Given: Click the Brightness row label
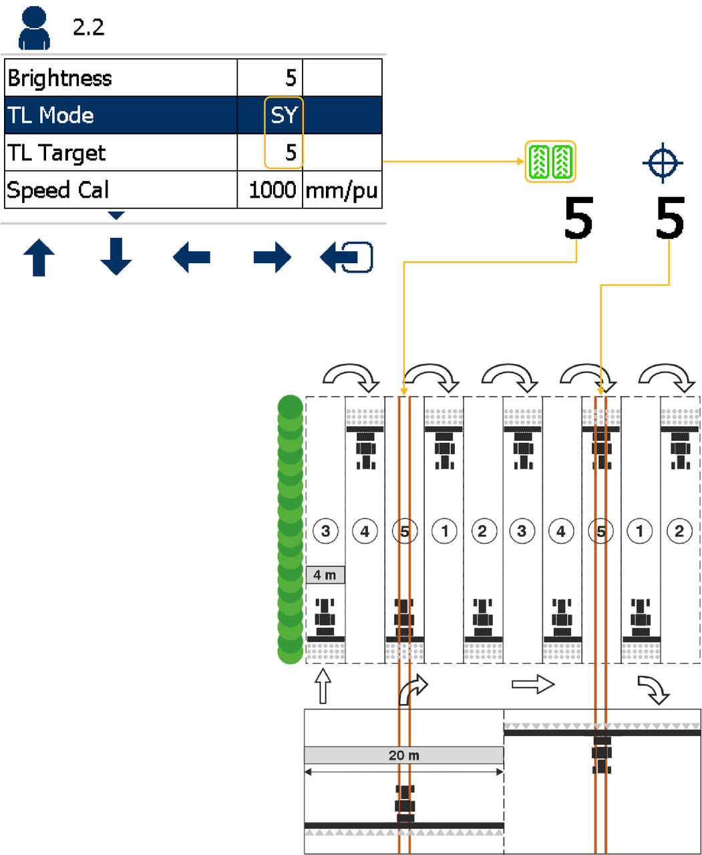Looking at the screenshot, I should pyautogui.click(x=60, y=78).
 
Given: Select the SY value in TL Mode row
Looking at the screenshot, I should pyautogui.click(x=284, y=116).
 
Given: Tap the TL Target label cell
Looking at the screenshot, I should pyautogui.click(x=57, y=153).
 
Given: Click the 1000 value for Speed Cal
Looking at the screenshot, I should pyautogui.click(x=272, y=190).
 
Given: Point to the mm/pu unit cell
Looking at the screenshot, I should pyautogui.click(x=341, y=190).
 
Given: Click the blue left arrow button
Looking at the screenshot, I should pyautogui.click(x=192, y=258).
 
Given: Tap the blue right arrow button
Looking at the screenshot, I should pyautogui.click(x=272, y=258).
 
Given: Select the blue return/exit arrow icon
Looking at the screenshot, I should pyautogui.click(x=347, y=258).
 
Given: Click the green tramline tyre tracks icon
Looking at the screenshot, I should pyautogui.click(x=550, y=162).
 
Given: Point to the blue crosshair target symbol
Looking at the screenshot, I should pyautogui.click(x=662, y=162).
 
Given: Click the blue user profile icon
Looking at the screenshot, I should pyautogui.click(x=34, y=28).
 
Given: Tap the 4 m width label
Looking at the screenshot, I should pyautogui.click(x=325, y=575).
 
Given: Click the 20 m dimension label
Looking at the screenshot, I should pyautogui.click(x=403, y=755).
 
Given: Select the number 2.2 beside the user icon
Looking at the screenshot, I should pyautogui.click(x=88, y=28).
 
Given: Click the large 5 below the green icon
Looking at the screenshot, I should pyautogui.click(x=578, y=218).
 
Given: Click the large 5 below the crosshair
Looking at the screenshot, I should pyautogui.click(x=669, y=218).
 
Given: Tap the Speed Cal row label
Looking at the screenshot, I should pyautogui.click(x=58, y=190).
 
